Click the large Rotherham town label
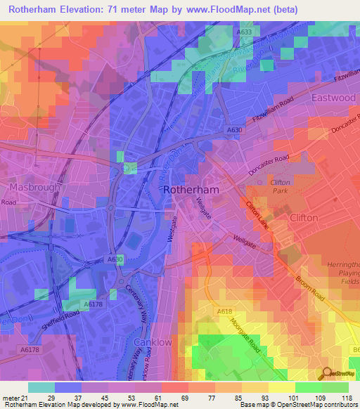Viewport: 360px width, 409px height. point(191,190)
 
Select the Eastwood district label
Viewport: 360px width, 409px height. point(333,98)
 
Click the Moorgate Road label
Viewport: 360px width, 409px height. point(245,335)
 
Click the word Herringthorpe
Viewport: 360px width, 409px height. point(341,242)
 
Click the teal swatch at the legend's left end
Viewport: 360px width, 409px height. point(41,387)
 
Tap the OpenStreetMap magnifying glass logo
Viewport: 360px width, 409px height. point(326,372)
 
